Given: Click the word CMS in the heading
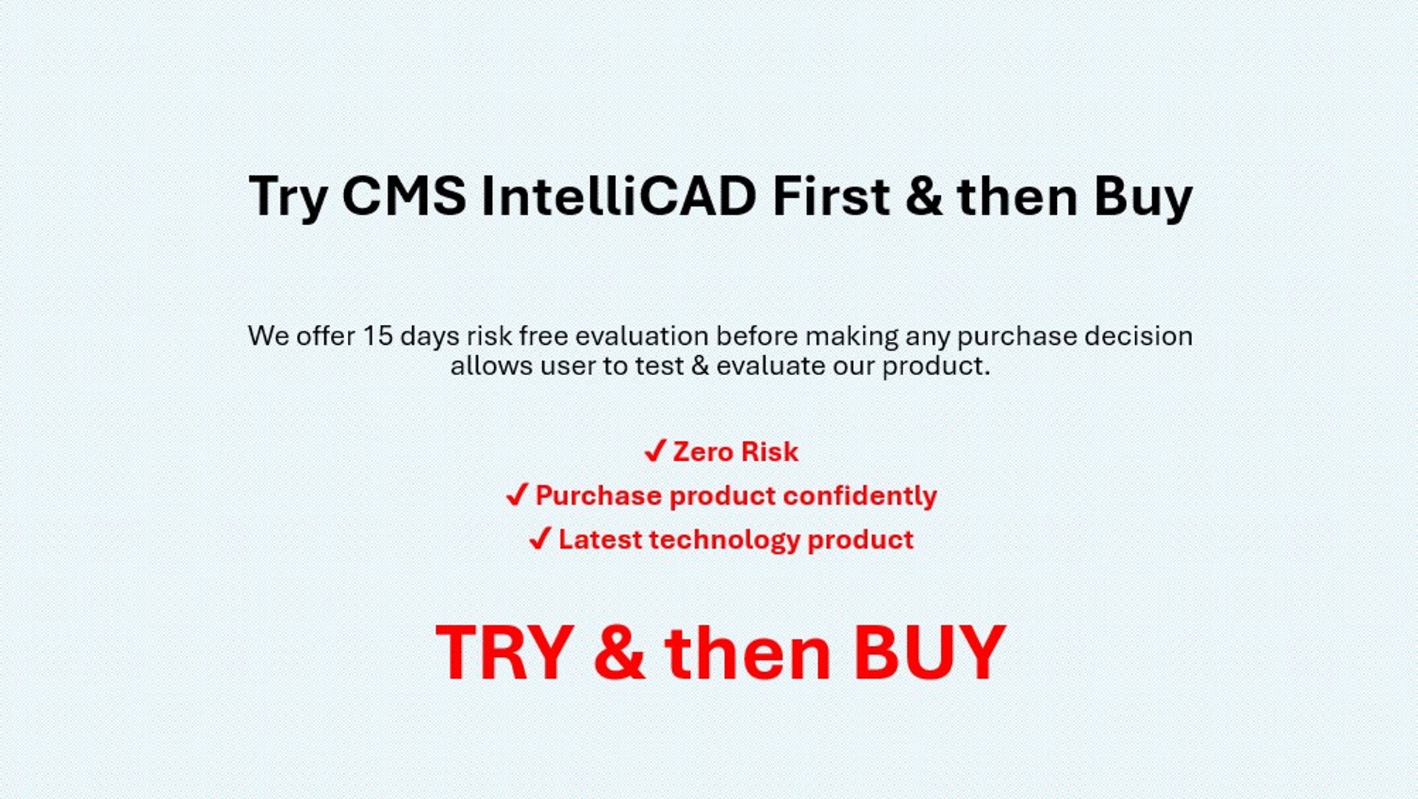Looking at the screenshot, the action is click(404, 196).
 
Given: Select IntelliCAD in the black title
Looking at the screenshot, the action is click(619, 196).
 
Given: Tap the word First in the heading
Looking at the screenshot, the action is click(831, 196).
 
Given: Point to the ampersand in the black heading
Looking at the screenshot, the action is click(923, 196).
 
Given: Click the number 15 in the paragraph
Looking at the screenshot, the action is click(377, 336).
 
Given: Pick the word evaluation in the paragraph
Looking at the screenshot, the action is click(642, 336).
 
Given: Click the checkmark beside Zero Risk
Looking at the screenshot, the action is click(655, 450).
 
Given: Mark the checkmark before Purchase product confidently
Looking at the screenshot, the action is click(517, 494).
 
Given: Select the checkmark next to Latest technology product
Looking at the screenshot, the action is click(540, 538).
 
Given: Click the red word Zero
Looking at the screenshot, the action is click(702, 451).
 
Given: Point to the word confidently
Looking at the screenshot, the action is click(860, 496).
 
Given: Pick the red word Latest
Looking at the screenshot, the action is click(600, 539).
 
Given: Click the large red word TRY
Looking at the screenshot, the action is click(505, 652).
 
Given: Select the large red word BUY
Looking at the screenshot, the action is click(929, 652).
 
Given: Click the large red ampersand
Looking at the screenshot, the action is click(619, 652).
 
